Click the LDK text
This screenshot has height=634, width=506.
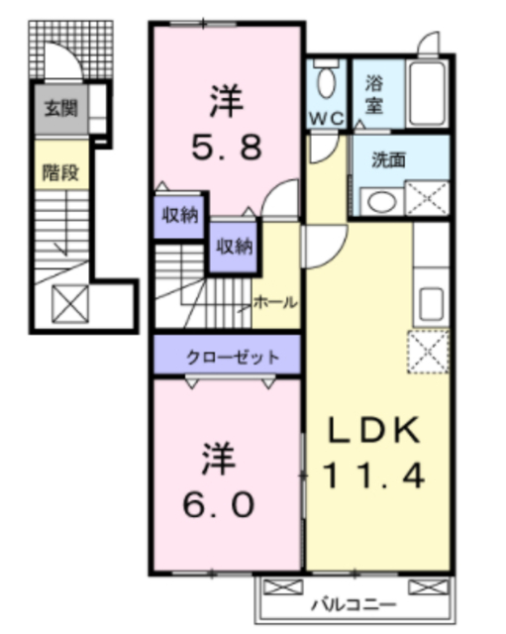coord(376,432)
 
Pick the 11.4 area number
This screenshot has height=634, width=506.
coord(376,476)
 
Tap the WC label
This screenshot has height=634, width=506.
coord(325,118)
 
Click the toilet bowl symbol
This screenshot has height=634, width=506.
coord(325,81)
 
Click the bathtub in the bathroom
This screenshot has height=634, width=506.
coord(428,94)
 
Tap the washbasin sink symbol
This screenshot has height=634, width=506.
coord(379,202)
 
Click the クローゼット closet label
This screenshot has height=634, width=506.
coord(227,357)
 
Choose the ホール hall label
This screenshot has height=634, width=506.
coord(274,302)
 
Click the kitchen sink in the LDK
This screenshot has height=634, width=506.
coord(431,300)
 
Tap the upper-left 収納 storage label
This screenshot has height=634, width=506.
coord(179,215)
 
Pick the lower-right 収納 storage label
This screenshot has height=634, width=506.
coord(234,246)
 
